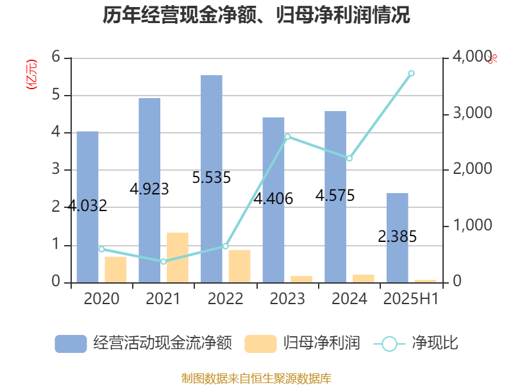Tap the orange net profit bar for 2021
click(x=178, y=257)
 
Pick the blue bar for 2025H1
click(x=397, y=237)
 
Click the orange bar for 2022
click(x=239, y=266)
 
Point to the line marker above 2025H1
click(x=411, y=73)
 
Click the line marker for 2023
click(x=287, y=137)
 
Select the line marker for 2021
click(x=164, y=261)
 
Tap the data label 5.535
click(x=212, y=178)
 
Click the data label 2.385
click(x=398, y=237)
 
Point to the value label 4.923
click(x=149, y=189)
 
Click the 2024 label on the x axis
click(x=349, y=299)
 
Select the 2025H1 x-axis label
click(x=411, y=299)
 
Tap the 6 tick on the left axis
click(x=56, y=58)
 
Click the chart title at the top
click(x=256, y=15)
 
